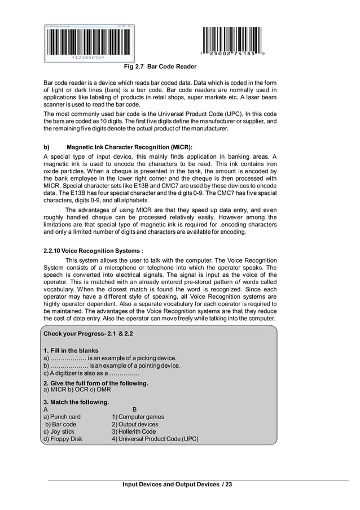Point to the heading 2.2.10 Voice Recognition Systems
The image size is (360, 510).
pyautogui.click(x=93, y=251)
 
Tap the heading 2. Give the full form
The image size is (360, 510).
pyautogui.click(x=95, y=383)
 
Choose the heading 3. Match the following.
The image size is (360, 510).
pyautogui.click(x=76, y=402)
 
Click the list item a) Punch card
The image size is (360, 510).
pyautogui.click(x=62, y=417)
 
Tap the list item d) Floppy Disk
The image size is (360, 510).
pyautogui.click(x=63, y=439)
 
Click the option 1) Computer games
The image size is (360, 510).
pyautogui.click(x=138, y=417)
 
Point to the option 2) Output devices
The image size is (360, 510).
pyautogui.click(x=135, y=424)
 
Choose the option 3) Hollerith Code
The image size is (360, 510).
pyautogui.click(x=134, y=431)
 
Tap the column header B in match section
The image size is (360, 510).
pyautogui.click(x=134, y=409)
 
